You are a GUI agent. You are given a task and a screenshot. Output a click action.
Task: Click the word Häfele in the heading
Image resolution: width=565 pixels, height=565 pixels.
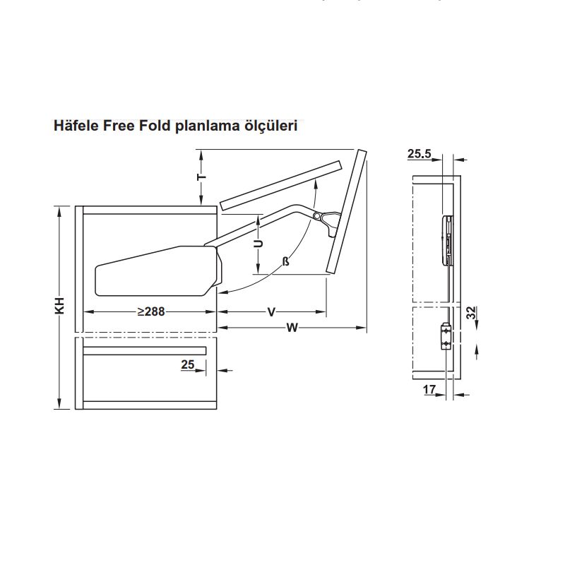(76, 126)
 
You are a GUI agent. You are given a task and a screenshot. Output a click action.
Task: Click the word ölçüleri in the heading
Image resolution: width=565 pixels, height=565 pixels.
(271, 126)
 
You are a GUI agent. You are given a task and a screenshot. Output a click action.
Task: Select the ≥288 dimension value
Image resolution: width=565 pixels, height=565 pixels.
(151, 311)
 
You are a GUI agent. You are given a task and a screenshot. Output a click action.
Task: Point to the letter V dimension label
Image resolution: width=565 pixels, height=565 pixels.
(271, 311)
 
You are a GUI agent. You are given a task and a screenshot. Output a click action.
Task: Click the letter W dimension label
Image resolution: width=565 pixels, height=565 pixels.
(292, 326)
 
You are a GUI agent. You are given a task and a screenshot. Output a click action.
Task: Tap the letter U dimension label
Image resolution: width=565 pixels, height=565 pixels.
(258, 244)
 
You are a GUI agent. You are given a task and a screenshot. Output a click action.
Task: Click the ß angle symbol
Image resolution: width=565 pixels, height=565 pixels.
(286, 262)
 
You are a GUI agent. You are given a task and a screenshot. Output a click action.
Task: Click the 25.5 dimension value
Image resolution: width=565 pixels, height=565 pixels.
(420, 153)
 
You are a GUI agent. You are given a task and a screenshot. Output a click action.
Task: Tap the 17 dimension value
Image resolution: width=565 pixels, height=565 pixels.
(429, 389)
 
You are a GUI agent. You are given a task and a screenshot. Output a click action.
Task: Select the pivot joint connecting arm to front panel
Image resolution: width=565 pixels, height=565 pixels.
(319, 215)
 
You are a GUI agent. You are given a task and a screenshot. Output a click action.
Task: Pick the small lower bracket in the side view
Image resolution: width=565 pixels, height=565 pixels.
(445, 336)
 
